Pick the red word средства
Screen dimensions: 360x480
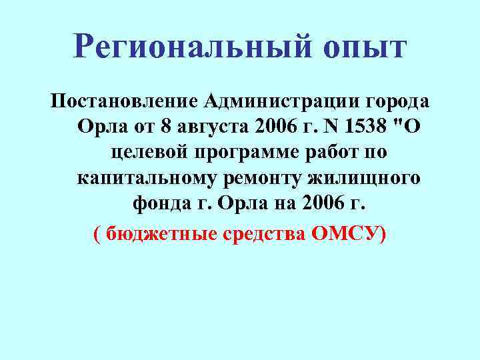pos(263,234)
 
